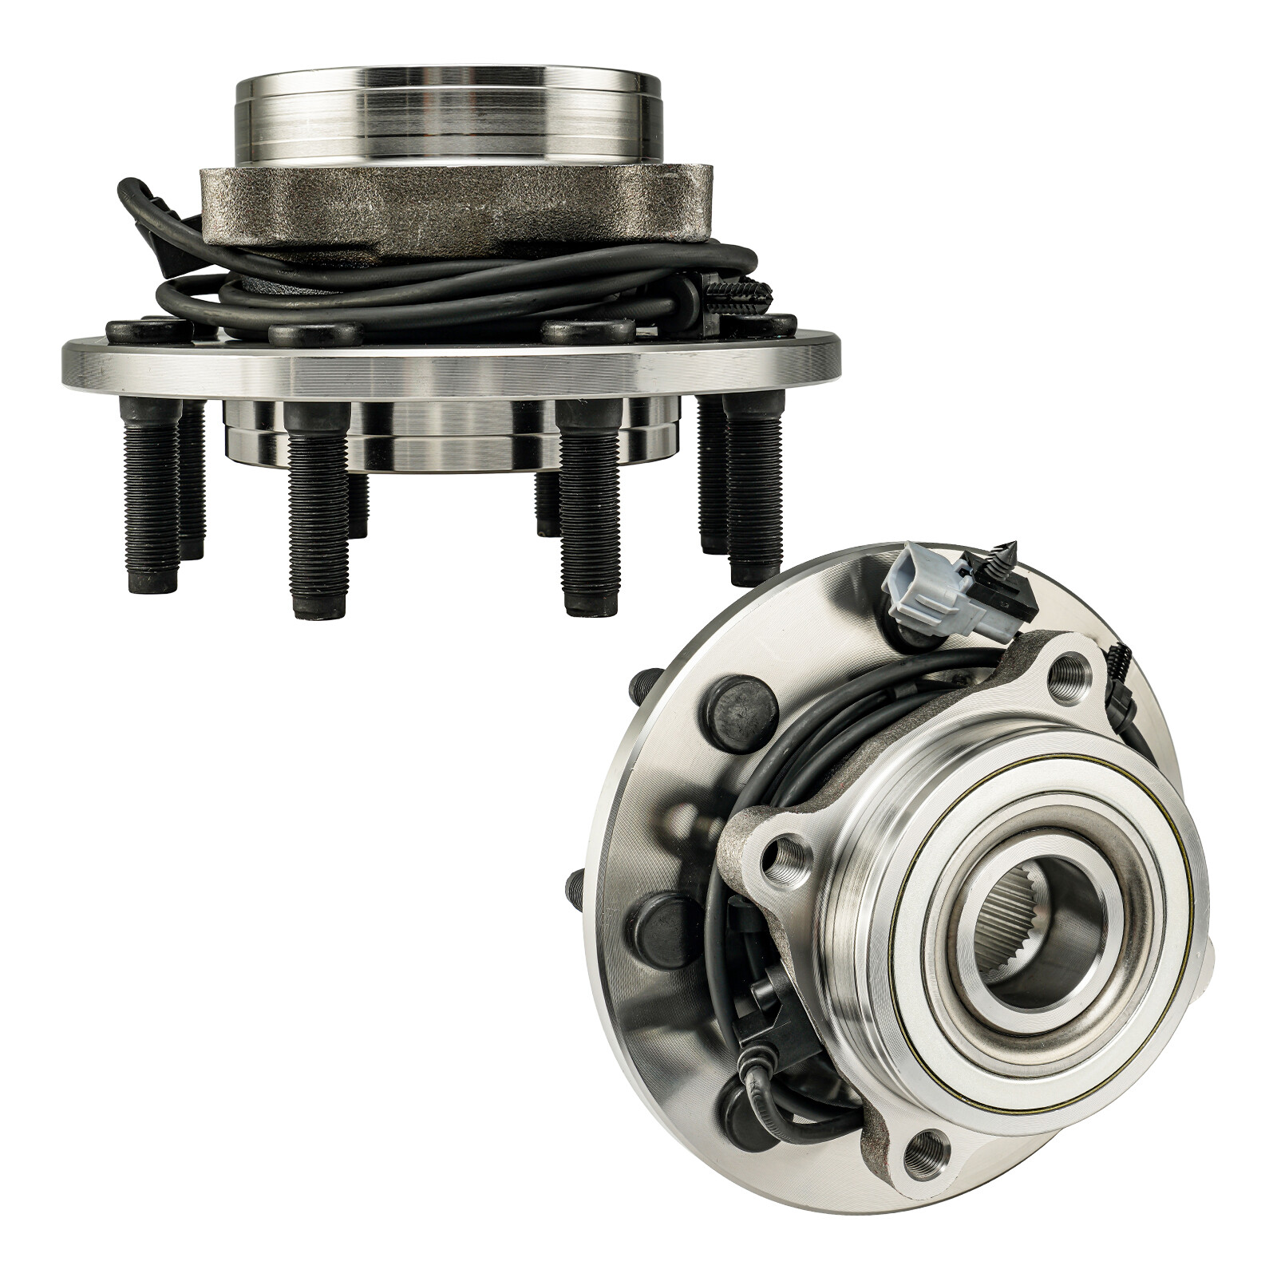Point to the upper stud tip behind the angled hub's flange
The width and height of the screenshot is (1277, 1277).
(638, 686)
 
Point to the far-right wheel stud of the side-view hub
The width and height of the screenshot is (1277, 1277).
(754, 487)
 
